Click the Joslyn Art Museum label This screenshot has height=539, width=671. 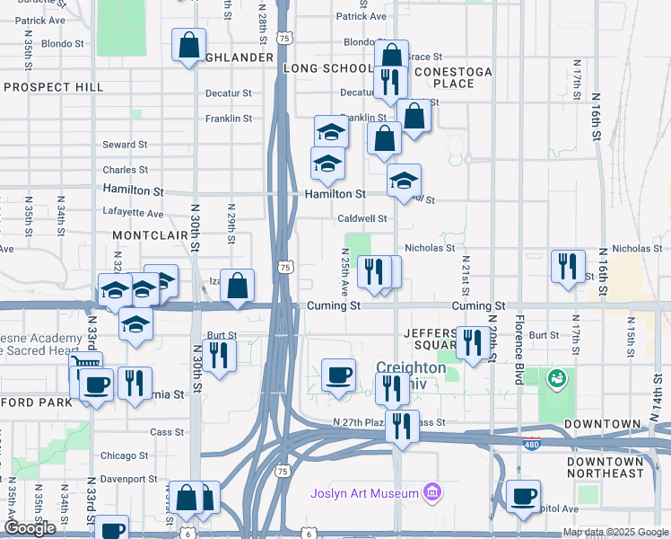(x=364, y=493)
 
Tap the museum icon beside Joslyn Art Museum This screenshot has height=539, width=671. (x=432, y=492)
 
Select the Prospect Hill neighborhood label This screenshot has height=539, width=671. (x=54, y=87)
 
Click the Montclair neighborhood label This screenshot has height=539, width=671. (x=148, y=234)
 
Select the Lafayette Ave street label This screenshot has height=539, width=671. (x=134, y=214)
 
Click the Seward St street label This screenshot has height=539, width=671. (x=125, y=145)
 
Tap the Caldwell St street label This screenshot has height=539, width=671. (x=362, y=218)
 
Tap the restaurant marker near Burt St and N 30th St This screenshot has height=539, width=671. (x=218, y=354)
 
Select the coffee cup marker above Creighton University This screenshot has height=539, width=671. (x=338, y=374)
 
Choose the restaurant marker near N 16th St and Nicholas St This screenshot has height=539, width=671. (x=568, y=265)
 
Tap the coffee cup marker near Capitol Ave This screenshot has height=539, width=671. (x=522, y=496)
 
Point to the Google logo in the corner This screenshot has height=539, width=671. (x=30, y=528)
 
